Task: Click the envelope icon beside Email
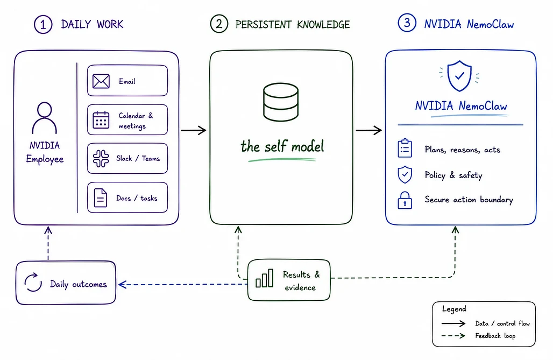pos(101,81)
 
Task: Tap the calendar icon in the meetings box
pos(101,119)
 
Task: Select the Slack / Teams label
pos(138,158)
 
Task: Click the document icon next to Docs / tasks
pos(101,197)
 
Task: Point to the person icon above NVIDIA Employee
pos(45,118)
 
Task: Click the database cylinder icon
pos(281,102)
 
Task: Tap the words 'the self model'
pos(282,146)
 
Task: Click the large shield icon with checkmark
pos(459,75)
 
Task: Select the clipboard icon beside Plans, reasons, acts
pos(405,148)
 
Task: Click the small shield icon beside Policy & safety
pos(405,174)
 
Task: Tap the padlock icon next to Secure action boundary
pos(405,200)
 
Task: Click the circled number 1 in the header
pos(43,24)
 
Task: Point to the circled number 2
pos(219,24)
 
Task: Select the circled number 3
pos(407,23)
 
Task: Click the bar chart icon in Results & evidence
pos(265,278)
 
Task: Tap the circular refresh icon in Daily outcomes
pos(33,282)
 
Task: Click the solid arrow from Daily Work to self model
pos(193,130)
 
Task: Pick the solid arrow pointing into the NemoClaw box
pos(369,130)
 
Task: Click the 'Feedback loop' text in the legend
pos(495,336)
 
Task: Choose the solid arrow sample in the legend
pos(453,323)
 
